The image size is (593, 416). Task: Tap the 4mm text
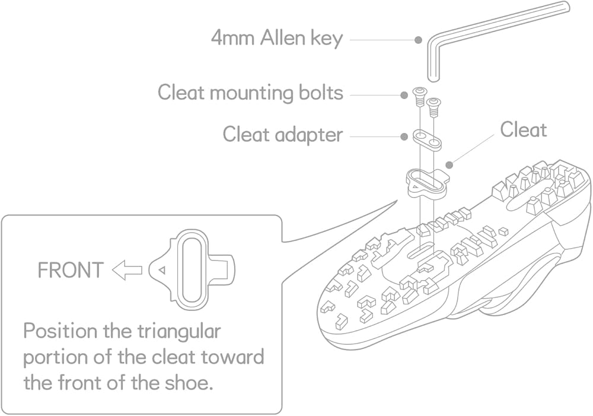pos(232,39)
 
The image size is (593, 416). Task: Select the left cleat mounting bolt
pos(418,97)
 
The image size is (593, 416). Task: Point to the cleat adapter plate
pos(427,139)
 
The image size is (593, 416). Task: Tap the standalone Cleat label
pos(524,130)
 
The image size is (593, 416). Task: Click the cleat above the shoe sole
pos(427,183)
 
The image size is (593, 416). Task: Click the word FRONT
pos(71,270)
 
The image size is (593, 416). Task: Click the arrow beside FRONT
pos(127,270)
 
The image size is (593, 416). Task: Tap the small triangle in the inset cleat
pos(162,270)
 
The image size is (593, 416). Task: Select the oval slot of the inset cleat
pos(192,269)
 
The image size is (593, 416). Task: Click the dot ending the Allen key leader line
pos(418,39)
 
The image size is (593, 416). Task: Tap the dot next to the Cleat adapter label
pos(404,136)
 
